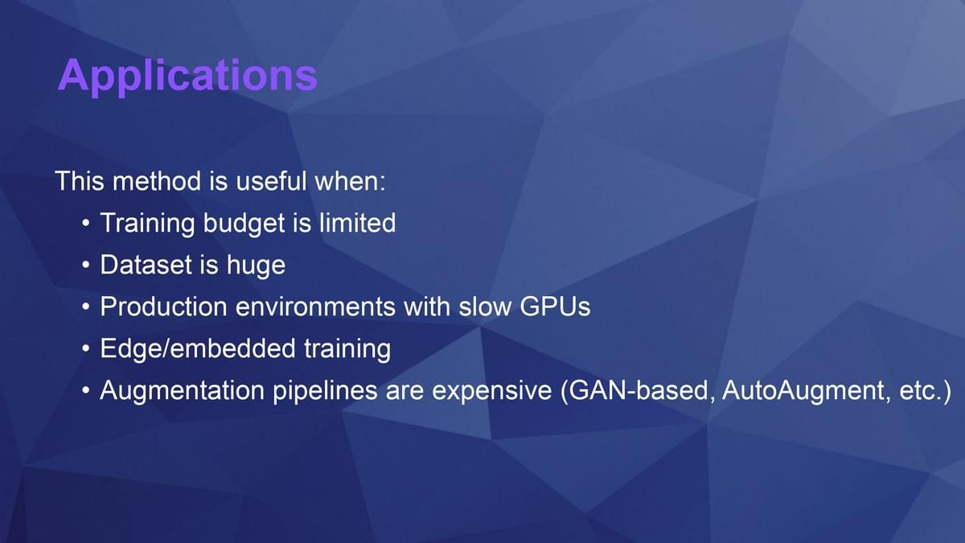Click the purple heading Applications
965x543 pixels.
coord(187,76)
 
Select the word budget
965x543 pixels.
coord(244,224)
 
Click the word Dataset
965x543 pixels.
coord(146,265)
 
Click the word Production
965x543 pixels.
coord(164,306)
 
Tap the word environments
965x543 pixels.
coord(315,306)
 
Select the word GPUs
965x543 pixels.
coord(555,306)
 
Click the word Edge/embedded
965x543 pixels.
coord(198,349)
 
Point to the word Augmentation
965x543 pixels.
coord(183,391)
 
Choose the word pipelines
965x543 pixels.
coord(325,391)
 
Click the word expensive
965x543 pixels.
coord(491,391)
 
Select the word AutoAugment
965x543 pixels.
coord(803,391)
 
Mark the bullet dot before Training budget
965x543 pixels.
coord(86,224)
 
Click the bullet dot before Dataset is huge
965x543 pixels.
coord(86,265)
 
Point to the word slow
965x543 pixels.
coord(485,306)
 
